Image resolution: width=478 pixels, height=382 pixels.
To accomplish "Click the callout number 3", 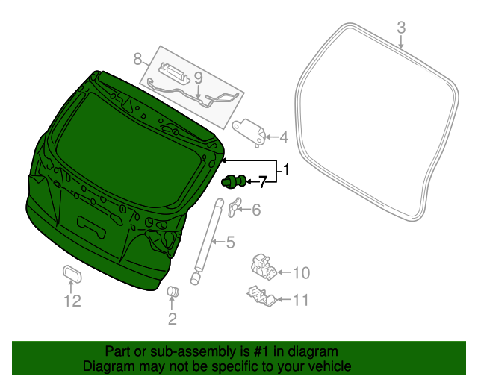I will (401, 28).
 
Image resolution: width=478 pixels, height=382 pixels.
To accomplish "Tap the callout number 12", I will (72, 301).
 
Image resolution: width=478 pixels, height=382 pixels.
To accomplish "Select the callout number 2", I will (172, 320).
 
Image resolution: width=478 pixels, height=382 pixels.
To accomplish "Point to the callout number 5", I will (230, 242).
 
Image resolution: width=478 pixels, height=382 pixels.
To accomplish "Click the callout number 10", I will (300, 272).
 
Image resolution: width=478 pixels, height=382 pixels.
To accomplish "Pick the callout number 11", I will (300, 301).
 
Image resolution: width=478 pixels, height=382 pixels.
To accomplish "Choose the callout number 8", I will (137, 58).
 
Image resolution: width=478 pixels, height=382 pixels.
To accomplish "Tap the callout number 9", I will (198, 77).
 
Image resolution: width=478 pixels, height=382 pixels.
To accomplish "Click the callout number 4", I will (283, 137).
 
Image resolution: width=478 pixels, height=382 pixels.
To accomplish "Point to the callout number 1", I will (285, 172).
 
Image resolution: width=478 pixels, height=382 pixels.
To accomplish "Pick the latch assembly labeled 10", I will (262, 264).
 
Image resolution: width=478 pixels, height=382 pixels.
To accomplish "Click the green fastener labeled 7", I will (234, 180).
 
